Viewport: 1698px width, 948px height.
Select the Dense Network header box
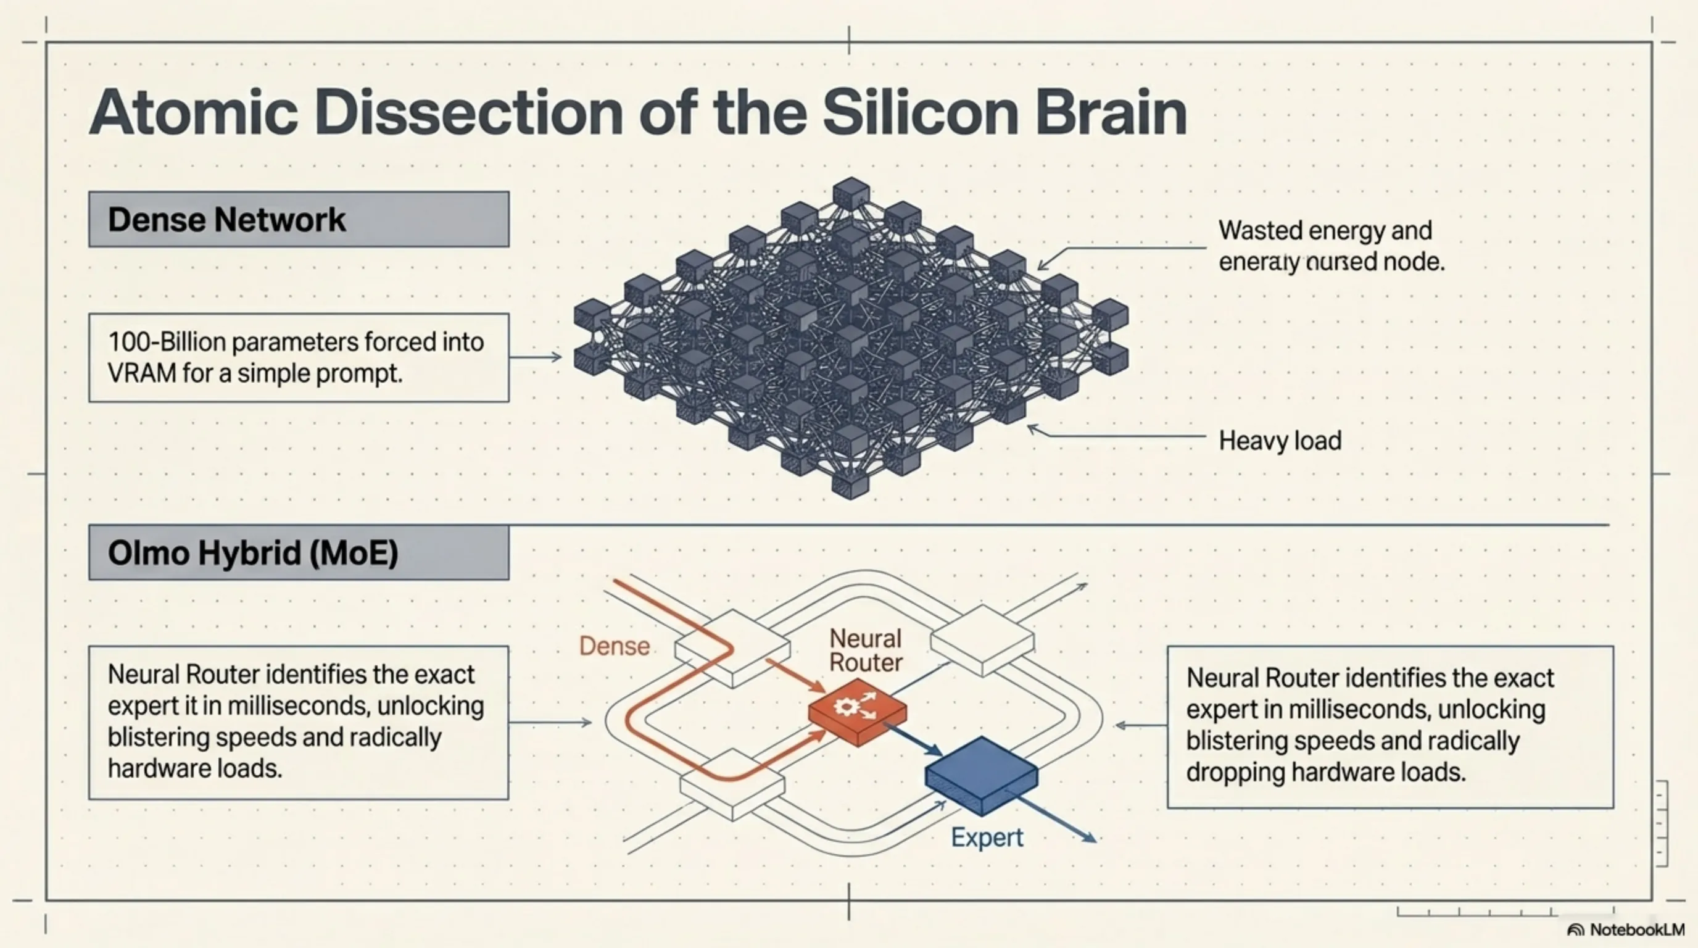(299, 220)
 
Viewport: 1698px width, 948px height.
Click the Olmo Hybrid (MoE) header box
(299, 552)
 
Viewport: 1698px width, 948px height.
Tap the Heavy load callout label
(1280, 441)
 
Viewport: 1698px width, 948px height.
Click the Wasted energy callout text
(1325, 231)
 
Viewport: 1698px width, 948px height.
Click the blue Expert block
(982, 775)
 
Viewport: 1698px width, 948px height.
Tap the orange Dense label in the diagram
(615, 646)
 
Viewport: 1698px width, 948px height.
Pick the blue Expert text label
(987, 838)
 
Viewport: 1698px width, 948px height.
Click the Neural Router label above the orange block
(865, 650)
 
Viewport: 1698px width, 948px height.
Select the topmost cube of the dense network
(851, 193)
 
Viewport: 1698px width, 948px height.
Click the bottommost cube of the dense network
(850, 484)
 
